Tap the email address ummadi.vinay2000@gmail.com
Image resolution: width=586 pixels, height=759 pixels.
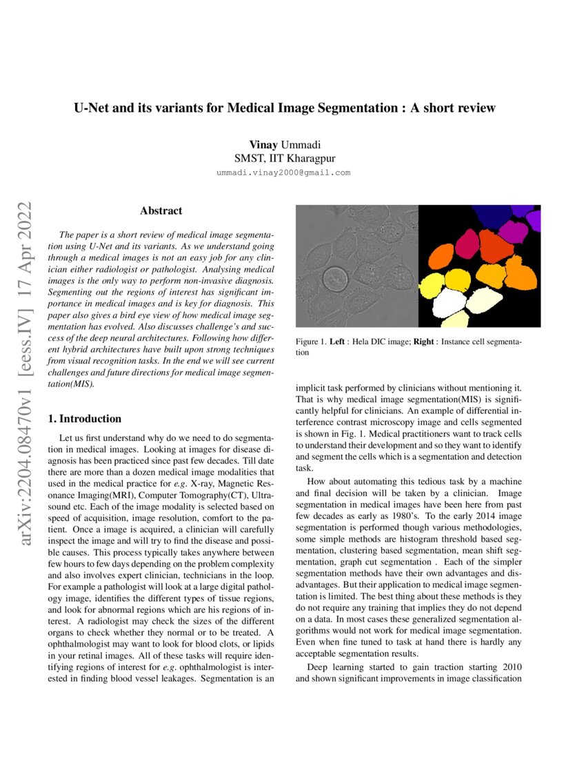tap(284, 172)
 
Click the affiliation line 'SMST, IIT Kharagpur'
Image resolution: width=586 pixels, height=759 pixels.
tap(285, 159)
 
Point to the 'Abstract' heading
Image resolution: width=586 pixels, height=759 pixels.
tap(161, 210)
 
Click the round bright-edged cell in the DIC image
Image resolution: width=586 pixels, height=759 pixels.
tap(336, 281)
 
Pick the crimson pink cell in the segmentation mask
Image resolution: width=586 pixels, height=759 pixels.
tap(467, 242)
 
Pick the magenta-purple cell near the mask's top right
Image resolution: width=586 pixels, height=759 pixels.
tap(514, 231)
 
